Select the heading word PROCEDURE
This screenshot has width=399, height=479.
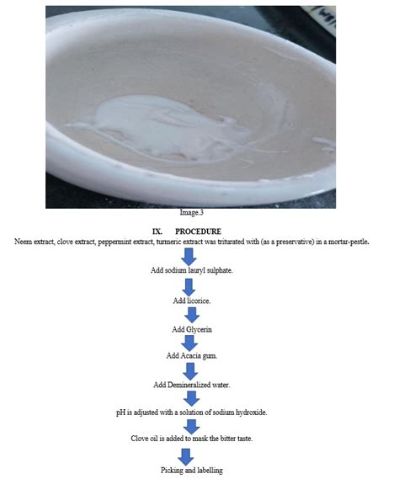pos(198,231)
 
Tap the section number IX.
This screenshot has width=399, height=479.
pos(157,231)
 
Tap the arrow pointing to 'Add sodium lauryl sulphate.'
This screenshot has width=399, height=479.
pos(191,255)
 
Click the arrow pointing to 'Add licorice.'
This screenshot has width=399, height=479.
pos(191,285)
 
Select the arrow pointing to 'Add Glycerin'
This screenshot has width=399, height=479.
pos(191,314)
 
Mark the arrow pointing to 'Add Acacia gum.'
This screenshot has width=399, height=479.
pos(191,343)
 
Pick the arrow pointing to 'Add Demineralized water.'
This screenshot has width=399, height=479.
pos(191,370)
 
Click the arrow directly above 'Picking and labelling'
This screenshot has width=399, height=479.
pos(191,455)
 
